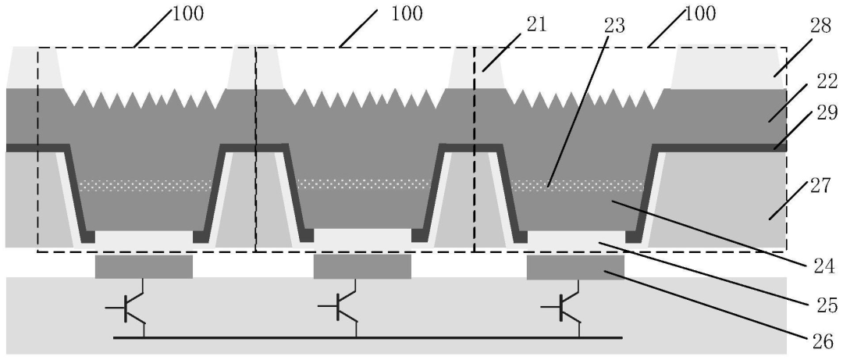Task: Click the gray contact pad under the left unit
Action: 144,266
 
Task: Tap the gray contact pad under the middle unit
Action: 362,266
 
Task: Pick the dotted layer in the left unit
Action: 145,185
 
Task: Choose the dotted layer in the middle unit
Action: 363,185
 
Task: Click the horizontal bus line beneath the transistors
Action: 367,338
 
